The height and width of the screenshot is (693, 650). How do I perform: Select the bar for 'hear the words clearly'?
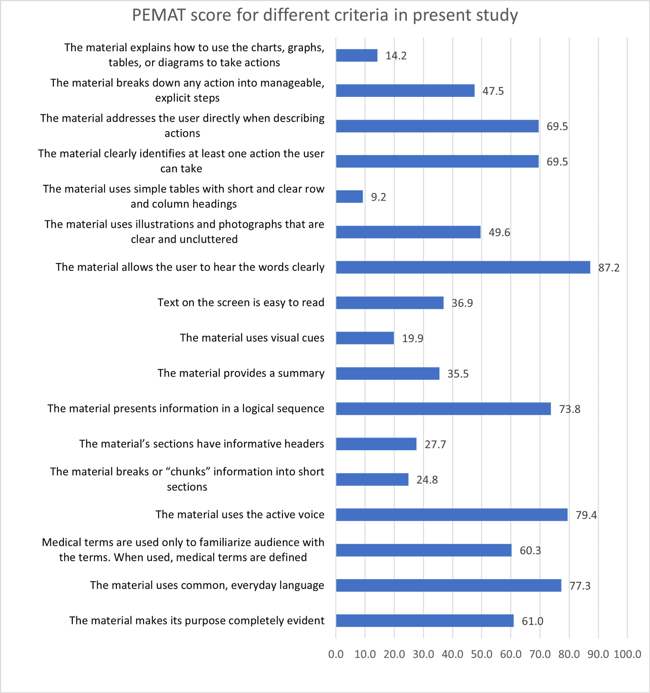tap(463, 267)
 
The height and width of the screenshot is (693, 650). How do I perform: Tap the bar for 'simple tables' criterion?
tap(349, 197)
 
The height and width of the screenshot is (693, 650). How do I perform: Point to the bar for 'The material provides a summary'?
tap(387, 373)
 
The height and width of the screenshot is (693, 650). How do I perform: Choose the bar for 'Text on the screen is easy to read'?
tap(390, 303)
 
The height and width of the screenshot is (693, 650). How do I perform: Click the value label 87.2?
tap(609, 268)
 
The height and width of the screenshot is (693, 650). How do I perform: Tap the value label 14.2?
tap(396, 56)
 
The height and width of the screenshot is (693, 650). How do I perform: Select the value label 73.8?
tap(570, 409)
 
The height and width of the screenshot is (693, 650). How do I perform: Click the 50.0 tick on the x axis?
tap(481, 654)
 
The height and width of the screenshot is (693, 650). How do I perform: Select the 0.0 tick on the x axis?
tap(336, 654)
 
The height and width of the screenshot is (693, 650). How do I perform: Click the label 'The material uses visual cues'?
tap(252, 338)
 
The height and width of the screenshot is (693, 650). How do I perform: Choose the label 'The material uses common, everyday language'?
tap(207, 585)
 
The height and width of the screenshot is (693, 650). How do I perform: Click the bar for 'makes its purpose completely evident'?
tap(424, 621)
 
